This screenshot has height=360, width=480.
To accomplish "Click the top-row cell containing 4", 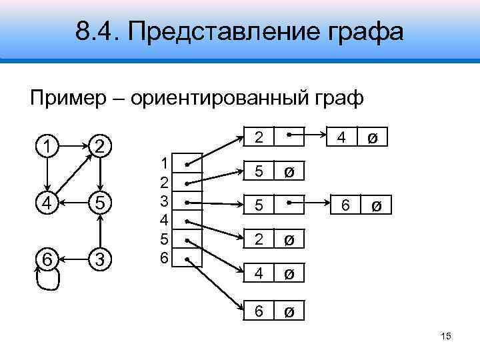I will (x=341, y=139).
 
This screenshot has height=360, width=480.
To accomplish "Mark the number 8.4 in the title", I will (x=96, y=31).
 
